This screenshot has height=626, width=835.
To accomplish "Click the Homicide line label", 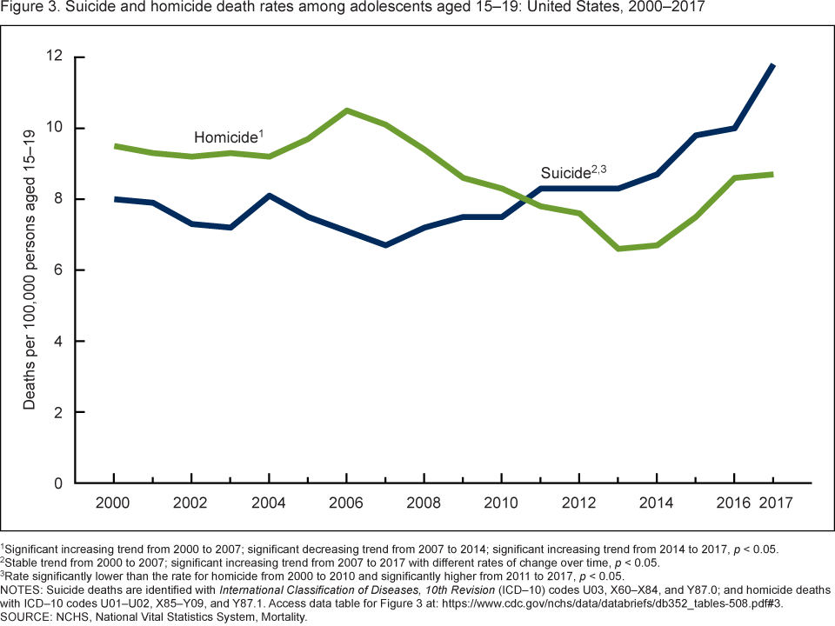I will [228, 137].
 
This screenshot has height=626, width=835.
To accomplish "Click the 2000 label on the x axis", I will [114, 503].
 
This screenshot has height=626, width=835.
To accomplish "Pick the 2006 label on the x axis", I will [346, 503].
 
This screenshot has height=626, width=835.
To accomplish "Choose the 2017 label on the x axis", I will [772, 503].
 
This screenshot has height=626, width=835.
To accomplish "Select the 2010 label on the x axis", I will [501, 503].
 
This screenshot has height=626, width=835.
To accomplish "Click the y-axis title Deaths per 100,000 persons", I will [30, 270].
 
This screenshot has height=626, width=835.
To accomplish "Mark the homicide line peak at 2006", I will [346, 110].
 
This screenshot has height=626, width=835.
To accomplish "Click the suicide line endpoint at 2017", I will [773, 65].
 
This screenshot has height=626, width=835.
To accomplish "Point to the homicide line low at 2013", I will [618, 249].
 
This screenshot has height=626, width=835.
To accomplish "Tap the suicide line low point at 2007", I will [385, 245].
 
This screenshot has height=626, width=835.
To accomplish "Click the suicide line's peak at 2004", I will [269, 196].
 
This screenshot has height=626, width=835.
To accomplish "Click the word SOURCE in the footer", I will [27, 616].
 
